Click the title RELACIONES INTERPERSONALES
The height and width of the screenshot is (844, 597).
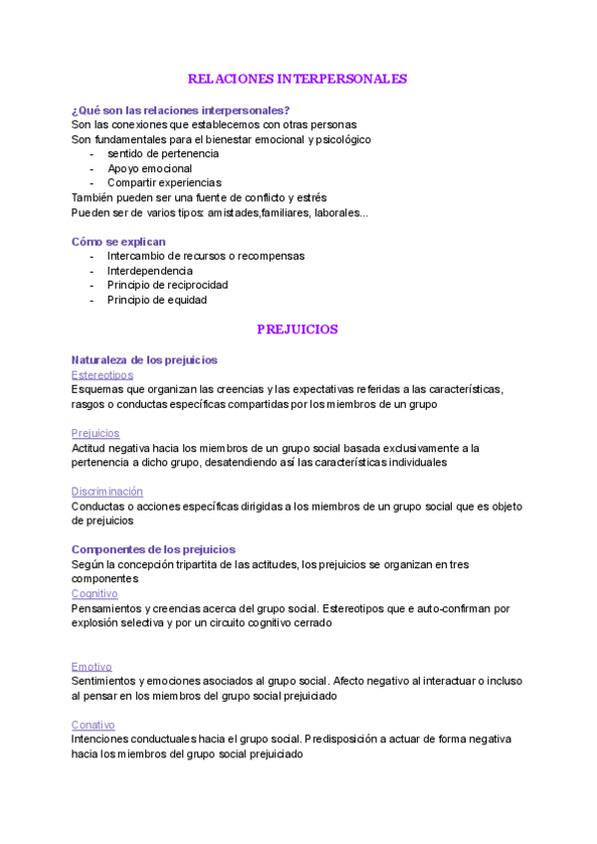click(x=298, y=79)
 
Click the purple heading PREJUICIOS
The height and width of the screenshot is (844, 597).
click(x=298, y=328)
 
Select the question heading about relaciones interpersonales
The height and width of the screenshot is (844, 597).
click(x=181, y=109)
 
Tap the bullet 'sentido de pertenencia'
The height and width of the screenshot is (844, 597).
click(x=163, y=153)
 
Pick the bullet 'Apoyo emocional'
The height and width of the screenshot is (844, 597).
click(x=150, y=168)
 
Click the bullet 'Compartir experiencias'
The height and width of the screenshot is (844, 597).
click(x=164, y=183)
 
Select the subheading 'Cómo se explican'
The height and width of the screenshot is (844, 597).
click(x=118, y=241)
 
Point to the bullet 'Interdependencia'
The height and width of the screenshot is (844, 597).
click(x=150, y=271)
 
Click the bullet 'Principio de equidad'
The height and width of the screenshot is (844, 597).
click(x=157, y=300)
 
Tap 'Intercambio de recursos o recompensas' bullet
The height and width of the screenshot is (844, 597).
click(x=206, y=256)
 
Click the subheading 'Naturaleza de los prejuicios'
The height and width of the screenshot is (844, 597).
click(x=144, y=359)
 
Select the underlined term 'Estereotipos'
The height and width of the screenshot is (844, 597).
click(x=102, y=374)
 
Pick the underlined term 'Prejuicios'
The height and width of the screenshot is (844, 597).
click(x=96, y=433)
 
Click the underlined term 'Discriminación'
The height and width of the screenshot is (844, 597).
click(x=107, y=491)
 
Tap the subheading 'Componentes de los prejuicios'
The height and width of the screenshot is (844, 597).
click(x=153, y=549)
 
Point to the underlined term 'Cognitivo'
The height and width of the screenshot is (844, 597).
click(x=95, y=593)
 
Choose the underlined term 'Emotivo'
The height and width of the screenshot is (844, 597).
click(x=92, y=666)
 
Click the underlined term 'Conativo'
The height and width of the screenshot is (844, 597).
click(x=94, y=725)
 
